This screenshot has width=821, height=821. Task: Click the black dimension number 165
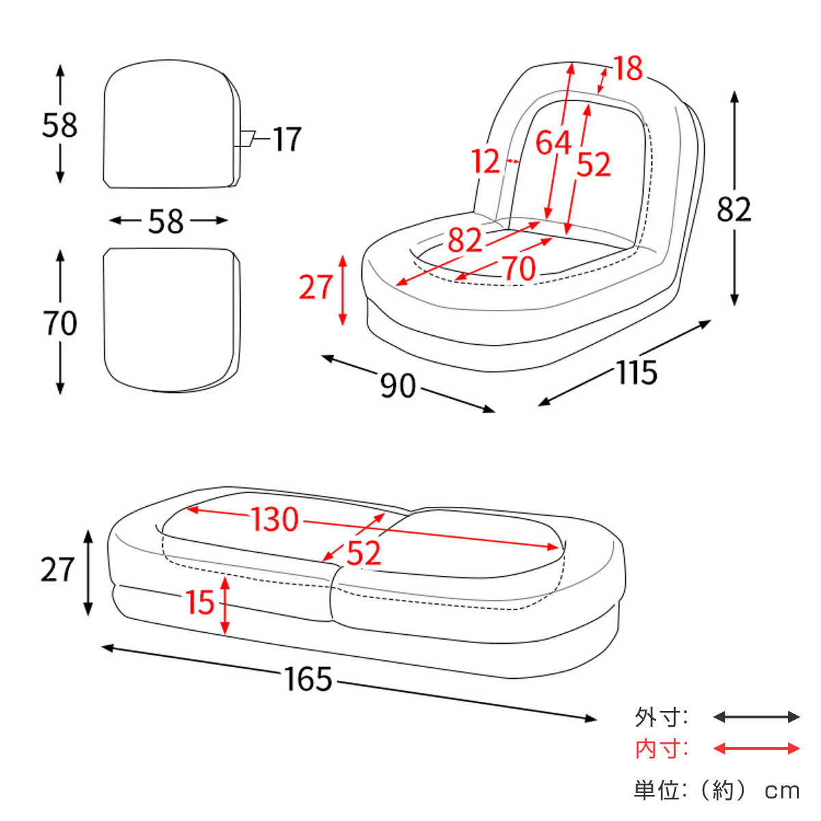pyautogui.click(x=309, y=679)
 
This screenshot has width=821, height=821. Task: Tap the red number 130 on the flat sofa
pyautogui.click(x=275, y=519)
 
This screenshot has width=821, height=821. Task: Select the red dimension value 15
pyautogui.click(x=200, y=602)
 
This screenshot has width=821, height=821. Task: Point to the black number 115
pyautogui.click(x=636, y=373)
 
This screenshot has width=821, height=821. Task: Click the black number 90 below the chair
pyautogui.click(x=398, y=387)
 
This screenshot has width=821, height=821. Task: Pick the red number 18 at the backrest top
pyautogui.click(x=627, y=69)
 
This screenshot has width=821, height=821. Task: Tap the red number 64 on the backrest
pyautogui.click(x=553, y=143)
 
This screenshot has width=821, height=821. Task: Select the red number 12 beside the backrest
pyautogui.click(x=485, y=161)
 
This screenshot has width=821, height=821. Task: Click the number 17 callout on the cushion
pyautogui.click(x=287, y=140)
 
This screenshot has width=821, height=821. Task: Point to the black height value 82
pyautogui.click(x=733, y=209)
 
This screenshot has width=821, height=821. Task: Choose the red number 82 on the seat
pyautogui.click(x=465, y=240)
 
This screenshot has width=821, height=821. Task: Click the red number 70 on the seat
pyautogui.click(x=519, y=268)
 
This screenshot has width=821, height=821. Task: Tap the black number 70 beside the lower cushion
pyautogui.click(x=60, y=324)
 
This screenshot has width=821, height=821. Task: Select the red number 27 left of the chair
pyautogui.click(x=315, y=287)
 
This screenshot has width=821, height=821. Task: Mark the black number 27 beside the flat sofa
pyautogui.click(x=57, y=570)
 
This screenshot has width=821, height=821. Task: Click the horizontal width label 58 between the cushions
pyautogui.click(x=166, y=221)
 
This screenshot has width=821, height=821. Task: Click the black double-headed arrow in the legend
pyautogui.click(x=756, y=717)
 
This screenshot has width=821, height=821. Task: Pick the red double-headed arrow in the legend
pyautogui.click(x=756, y=748)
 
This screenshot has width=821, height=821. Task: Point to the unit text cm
pyautogui.click(x=782, y=791)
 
